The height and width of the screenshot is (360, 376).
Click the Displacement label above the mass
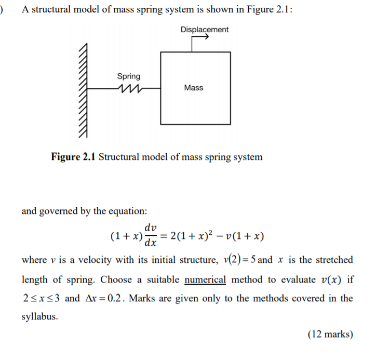tap(204, 30)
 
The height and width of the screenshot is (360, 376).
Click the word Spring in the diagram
tap(128, 76)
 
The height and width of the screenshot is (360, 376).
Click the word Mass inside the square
tap(193, 88)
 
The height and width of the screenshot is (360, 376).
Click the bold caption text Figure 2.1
tap(73, 156)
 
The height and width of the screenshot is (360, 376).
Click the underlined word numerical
tap(205, 279)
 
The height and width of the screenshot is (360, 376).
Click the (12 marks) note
tap(330, 335)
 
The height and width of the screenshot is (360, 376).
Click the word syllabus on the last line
tap(39, 316)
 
